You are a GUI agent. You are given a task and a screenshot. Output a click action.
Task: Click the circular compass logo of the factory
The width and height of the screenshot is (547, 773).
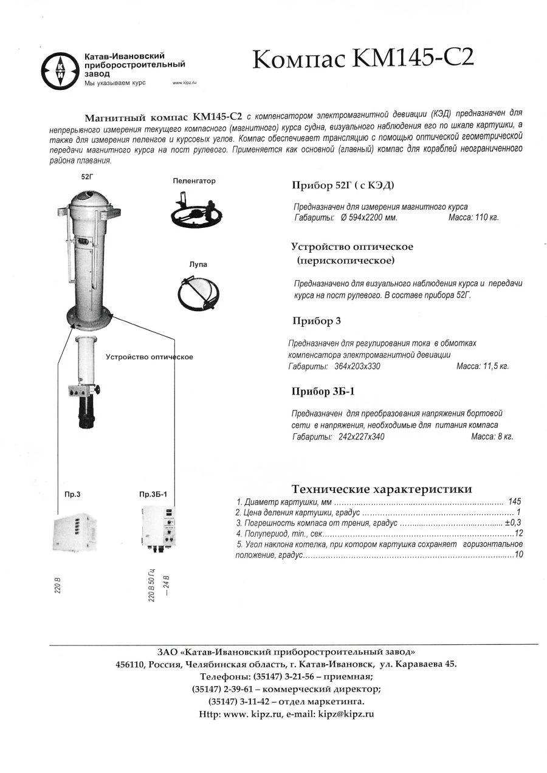click(x=60, y=71)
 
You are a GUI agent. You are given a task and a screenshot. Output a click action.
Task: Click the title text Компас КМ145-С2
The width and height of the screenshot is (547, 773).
click(x=362, y=59)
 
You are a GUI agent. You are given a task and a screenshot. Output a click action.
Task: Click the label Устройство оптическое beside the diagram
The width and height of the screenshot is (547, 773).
click(x=150, y=357)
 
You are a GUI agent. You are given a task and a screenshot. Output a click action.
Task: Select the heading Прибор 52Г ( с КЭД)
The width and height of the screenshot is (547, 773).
click(x=346, y=185)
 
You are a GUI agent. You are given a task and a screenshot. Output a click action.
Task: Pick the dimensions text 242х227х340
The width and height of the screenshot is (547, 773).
click(x=361, y=436)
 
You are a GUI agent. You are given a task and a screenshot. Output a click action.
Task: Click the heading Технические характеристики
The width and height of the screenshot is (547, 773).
click(x=381, y=489)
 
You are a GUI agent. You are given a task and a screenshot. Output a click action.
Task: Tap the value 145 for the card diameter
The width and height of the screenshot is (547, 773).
click(x=515, y=502)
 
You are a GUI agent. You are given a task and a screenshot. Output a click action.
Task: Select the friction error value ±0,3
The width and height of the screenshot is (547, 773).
click(x=513, y=523)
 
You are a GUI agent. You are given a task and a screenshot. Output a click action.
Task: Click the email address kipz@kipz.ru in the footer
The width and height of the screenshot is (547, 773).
click(x=345, y=714)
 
